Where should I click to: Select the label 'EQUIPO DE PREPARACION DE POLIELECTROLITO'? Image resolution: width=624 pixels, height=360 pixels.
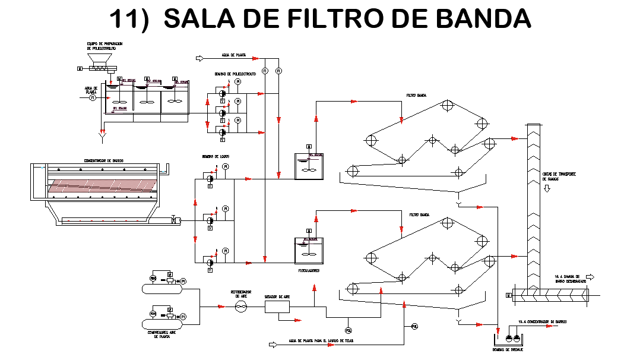[102, 46]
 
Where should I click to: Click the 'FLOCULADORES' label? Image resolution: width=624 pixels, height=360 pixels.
[309, 270]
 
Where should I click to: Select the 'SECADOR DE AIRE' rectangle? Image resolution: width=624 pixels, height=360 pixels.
[277, 306]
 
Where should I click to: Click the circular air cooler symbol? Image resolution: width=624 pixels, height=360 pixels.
[240, 306]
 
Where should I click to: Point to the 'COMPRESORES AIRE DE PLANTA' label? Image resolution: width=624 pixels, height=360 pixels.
[161, 334]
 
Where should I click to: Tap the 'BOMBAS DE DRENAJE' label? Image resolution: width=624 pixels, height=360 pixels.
[508, 350]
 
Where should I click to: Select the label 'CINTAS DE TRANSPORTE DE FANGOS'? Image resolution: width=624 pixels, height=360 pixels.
[560, 176]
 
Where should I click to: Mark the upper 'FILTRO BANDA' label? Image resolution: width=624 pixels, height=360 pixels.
[416, 95]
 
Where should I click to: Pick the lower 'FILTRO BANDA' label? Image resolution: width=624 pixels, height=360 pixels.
[419, 214]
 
